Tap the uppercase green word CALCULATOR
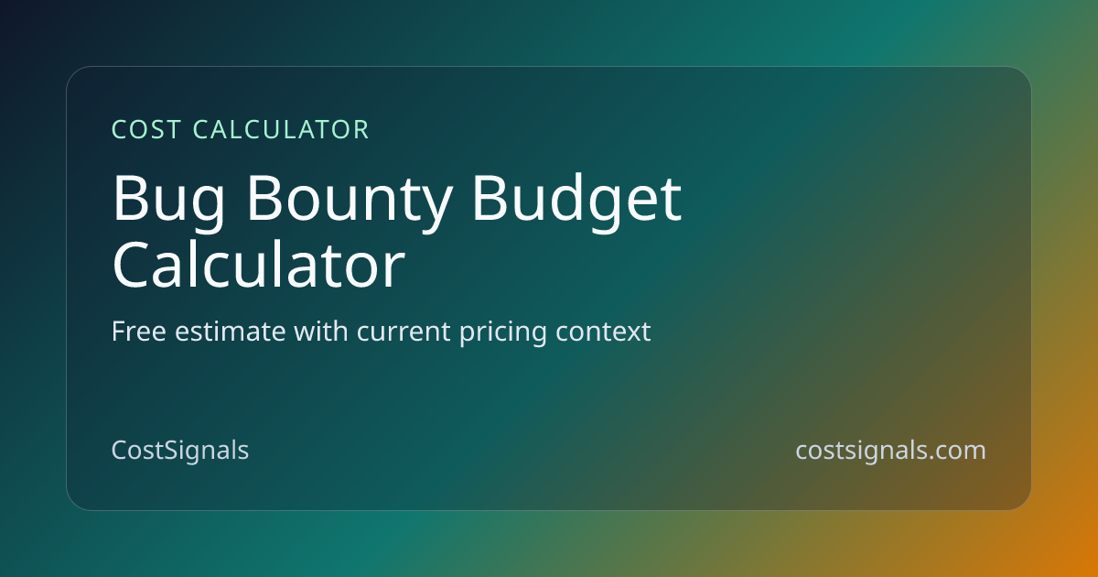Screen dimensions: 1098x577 click(x=281, y=129)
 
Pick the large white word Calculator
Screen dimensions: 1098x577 click(x=258, y=265)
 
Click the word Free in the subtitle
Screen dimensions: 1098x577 click(x=139, y=332)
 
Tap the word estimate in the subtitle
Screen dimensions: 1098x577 click(x=231, y=332)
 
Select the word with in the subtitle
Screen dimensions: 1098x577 click(x=321, y=332)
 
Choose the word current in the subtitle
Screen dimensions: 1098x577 click(x=404, y=332)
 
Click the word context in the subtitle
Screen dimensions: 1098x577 click(x=603, y=332)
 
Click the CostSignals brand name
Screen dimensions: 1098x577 click(x=180, y=451)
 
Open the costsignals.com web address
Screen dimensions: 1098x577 click(x=890, y=451)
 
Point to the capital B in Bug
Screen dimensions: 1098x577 click(x=129, y=198)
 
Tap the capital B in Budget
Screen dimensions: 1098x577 click(x=490, y=198)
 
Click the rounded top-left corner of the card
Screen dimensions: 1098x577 click(x=73, y=73)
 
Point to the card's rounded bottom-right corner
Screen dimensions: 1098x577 click(x=1024, y=503)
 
